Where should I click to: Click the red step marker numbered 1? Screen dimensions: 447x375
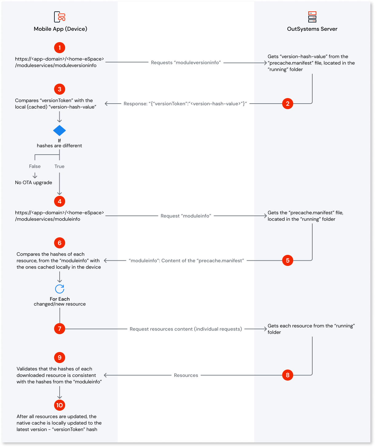coord(60,48)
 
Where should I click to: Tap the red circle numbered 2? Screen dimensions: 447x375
coord(288,104)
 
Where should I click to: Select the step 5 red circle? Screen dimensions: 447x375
coord(288,260)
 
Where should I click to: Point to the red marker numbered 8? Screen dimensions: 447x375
coord(288,375)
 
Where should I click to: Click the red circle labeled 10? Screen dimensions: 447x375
coord(60,405)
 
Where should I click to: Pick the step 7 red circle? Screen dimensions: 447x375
coord(60,329)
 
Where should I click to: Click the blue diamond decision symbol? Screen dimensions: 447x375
coord(60,131)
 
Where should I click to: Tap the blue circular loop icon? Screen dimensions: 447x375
coord(60,289)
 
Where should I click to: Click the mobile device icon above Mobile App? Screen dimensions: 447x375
coord(60,17)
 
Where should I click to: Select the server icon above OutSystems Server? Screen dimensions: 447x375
coord(312,17)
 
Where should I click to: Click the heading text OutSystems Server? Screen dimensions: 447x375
coord(312,29)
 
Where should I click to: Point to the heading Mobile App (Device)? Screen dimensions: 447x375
coord(61,29)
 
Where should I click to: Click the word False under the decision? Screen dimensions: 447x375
coord(35,166)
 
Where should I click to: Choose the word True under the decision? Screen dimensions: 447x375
coord(60,166)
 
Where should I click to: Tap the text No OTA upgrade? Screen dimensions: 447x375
coord(34,183)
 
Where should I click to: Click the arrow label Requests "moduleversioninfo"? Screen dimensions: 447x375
coord(186,63)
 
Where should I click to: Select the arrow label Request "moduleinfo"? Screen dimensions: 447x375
coord(186,216)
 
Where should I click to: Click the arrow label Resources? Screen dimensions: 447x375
coord(186,375)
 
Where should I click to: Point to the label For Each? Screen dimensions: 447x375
coord(60,299)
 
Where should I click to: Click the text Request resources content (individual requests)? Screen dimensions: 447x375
coord(186,329)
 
